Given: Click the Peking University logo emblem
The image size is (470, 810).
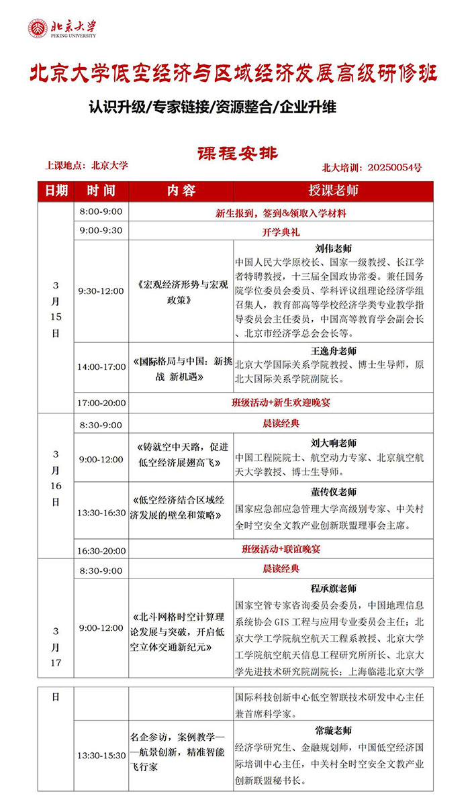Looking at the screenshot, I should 38,28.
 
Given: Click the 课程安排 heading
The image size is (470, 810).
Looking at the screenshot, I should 237,153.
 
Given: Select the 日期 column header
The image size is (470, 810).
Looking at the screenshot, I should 56,191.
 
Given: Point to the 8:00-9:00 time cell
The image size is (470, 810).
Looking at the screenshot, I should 101,212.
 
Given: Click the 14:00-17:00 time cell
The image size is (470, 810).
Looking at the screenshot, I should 101,367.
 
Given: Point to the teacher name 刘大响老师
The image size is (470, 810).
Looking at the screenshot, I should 334,443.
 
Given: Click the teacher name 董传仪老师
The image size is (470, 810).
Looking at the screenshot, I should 334,492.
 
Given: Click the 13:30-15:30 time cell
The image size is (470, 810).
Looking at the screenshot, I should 101,755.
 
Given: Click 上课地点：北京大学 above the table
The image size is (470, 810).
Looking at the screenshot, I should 86,165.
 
